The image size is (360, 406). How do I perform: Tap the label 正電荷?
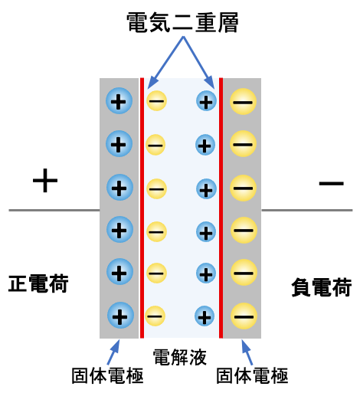click(x=39, y=283)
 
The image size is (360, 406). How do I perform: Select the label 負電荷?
click(x=321, y=287)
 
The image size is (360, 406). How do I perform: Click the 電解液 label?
click(x=180, y=356)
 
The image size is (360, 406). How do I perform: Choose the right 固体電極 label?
click(x=252, y=376)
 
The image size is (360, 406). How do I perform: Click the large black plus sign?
click(x=45, y=181)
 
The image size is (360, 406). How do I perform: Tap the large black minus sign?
click(x=331, y=183)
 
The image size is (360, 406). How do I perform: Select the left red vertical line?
click(x=142, y=207)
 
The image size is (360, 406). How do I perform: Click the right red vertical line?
click(x=221, y=207)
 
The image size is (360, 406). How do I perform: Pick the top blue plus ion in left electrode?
click(x=119, y=100)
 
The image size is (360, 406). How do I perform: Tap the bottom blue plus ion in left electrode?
click(x=119, y=313)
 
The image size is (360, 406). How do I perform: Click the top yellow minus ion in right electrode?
click(x=243, y=100)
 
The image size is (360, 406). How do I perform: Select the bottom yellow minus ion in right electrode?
click(x=243, y=314)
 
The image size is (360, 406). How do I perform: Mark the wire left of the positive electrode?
click(x=54, y=209)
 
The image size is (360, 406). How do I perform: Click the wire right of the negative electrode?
click(x=306, y=209)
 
